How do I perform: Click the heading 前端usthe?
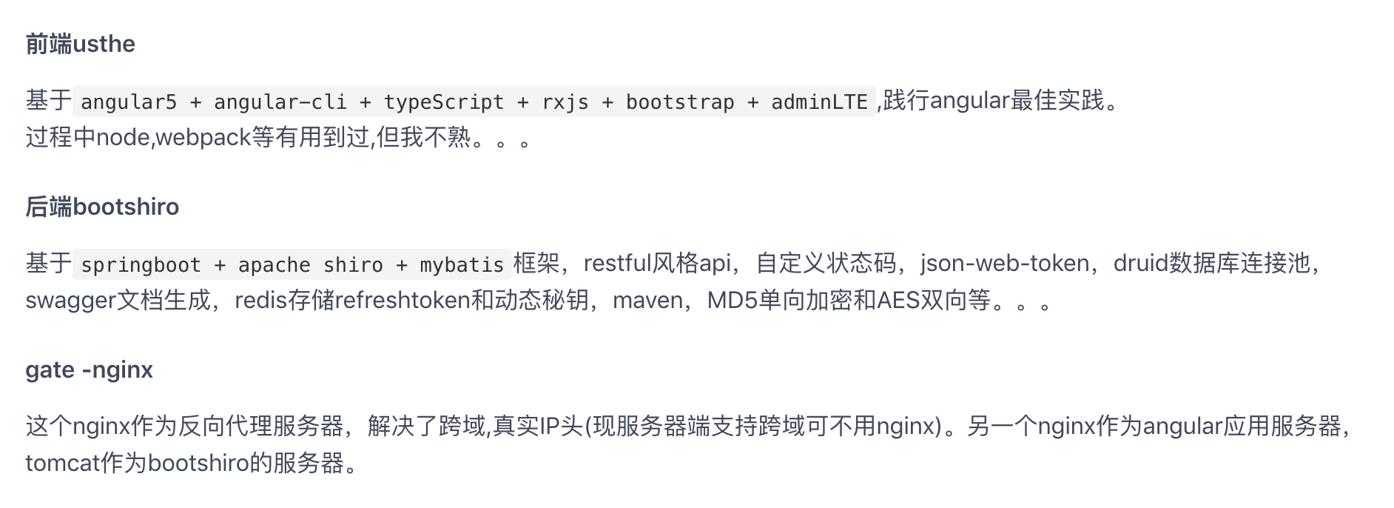[80, 44]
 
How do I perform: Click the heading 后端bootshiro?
[102, 207]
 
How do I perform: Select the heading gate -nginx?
[89, 370]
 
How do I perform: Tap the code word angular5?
[129, 102]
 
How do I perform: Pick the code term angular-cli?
[280, 102]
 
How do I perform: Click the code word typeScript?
[443, 102]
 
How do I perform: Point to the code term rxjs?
[565, 102]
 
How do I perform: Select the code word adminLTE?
[819, 102]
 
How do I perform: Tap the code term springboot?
[141, 265]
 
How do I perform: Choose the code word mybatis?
[462, 265]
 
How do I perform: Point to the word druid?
[1140, 264]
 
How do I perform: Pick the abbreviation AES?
[898, 301]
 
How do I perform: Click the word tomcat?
[62, 464]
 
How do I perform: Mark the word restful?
[617, 264]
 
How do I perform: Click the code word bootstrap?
[680, 102]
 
